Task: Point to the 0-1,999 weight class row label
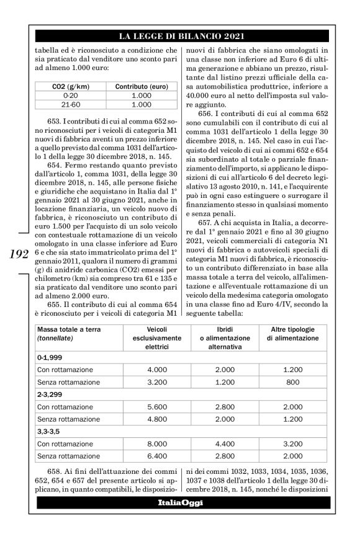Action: (x=50, y=358)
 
